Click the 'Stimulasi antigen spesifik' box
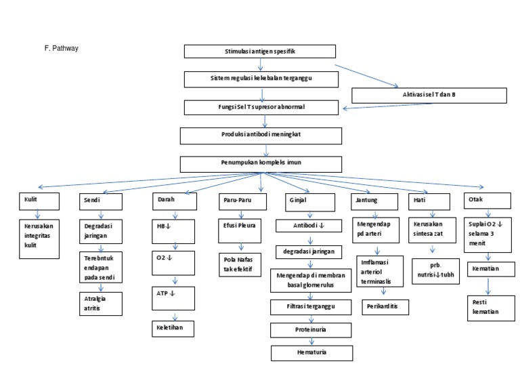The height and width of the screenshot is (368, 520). click(x=260, y=52)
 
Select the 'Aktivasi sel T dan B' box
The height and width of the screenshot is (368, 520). click(x=429, y=95)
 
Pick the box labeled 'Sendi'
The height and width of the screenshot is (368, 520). click(x=102, y=201)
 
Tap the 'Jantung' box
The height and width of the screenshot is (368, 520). click(x=372, y=201)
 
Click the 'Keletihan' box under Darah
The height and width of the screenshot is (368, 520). click(x=172, y=329)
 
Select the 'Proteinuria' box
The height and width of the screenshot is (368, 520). click(x=310, y=331)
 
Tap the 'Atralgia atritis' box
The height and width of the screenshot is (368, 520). click(x=100, y=302)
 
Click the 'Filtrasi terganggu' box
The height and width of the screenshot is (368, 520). click(x=310, y=308)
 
